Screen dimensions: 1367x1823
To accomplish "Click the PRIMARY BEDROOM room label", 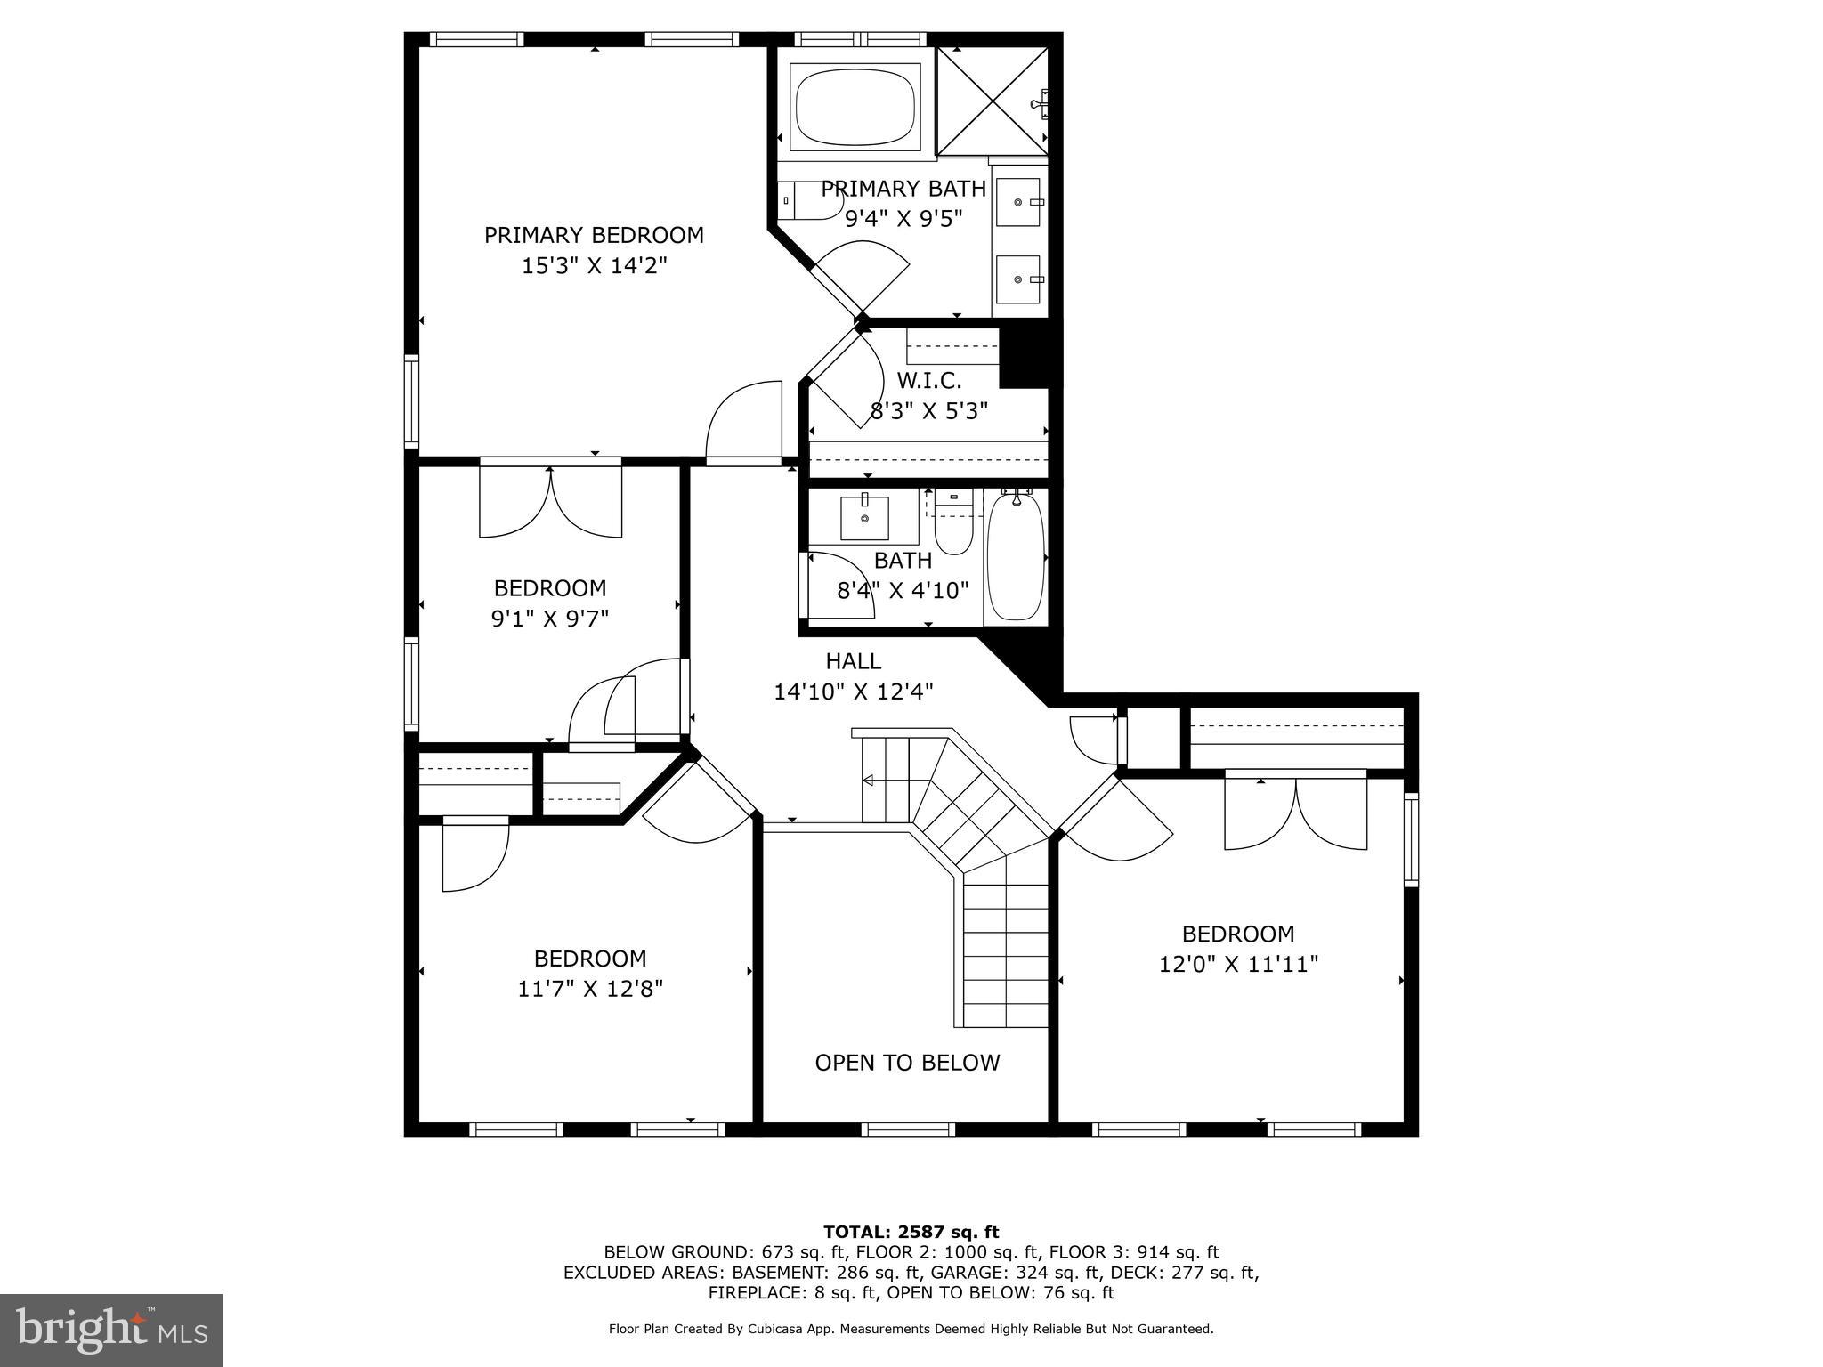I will [594, 236].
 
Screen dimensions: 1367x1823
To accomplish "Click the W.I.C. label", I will [928, 381].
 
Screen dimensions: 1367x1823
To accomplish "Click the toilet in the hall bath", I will [952, 527].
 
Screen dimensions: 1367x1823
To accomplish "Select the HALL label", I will [853, 661].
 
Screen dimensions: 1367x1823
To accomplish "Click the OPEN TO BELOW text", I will [907, 1063].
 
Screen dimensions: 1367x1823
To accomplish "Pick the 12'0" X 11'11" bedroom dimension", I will [1237, 964].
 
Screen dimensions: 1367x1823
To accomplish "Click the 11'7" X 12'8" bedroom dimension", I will [590, 989].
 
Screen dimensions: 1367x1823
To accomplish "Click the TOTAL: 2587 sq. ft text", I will [911, 1232].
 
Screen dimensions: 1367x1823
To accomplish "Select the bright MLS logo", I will [110, 1331].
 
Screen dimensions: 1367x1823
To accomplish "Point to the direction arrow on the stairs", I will [869, 781].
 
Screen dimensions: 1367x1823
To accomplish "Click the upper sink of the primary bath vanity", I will [1017, 202].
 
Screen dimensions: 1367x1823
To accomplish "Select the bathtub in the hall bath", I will [1016, 557].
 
